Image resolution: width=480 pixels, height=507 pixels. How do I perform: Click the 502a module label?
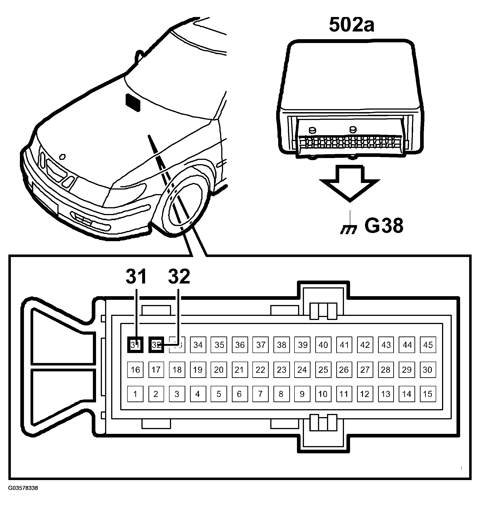click(x=352, y=25)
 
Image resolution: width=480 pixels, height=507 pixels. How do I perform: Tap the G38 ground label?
click(x=384, y=226)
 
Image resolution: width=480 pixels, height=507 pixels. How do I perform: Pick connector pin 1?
click(x=135, y=394)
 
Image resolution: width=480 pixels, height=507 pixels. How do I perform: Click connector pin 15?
click(x=428, y=394)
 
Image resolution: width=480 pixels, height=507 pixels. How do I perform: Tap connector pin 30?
click(x=428, y=370)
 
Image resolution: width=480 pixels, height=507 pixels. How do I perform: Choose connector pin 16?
click(x=135, y=370)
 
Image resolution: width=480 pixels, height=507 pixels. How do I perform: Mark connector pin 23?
click(x=281, y=370)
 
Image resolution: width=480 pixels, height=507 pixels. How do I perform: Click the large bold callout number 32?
click(x=179, y=276)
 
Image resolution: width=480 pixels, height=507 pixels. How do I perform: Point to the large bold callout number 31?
click(x=136, y=276)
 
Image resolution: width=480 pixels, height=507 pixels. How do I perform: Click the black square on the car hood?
click(x=133, y=103)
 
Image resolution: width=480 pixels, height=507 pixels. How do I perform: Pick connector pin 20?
click(x=219, y=370)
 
